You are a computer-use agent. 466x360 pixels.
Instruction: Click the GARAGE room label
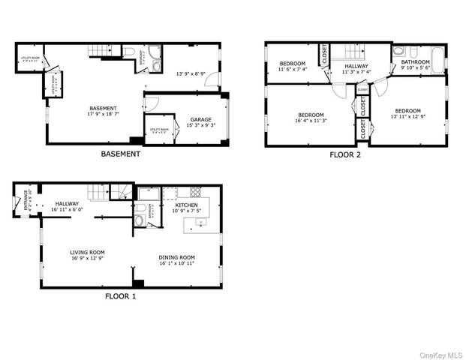tap(200, 119)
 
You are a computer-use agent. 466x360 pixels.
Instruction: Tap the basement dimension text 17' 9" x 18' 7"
tap(104, 115)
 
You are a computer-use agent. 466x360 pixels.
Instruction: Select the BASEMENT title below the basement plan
tap(120, 154)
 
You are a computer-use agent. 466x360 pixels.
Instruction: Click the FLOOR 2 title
tap(345, 155)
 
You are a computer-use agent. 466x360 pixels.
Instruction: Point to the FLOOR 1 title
tap(120, 295)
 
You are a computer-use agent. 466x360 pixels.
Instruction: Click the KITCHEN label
tap(187, 205)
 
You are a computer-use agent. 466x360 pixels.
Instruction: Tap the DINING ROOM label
tap(176, 258)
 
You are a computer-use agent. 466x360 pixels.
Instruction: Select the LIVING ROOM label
tap(87, 252)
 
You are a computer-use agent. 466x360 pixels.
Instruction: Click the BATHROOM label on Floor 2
tap(415, 62)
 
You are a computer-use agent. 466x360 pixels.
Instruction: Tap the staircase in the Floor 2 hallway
tap(344, 52)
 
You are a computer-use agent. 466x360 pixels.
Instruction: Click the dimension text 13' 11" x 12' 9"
tap(408, 116)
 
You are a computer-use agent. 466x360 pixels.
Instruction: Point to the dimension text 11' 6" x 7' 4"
tap(293, 70)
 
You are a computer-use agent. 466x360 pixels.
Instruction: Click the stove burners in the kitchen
tap(197, 190)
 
